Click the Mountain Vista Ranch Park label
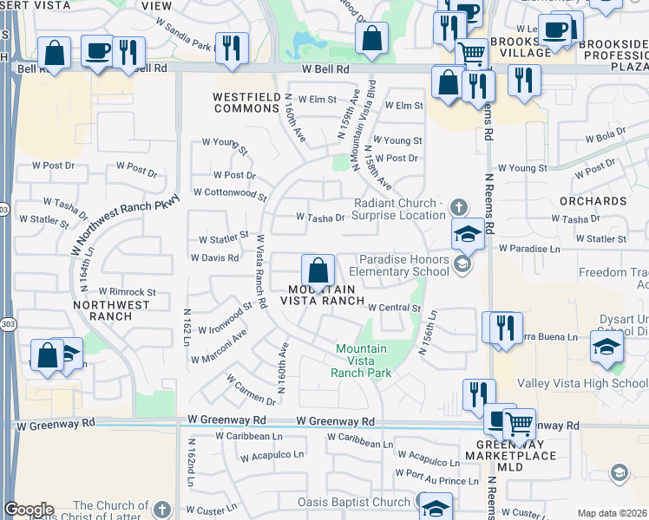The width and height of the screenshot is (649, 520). pyautogui.click(x=361, y=361)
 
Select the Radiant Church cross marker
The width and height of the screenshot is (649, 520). pyautogui.click(x=459, y=207)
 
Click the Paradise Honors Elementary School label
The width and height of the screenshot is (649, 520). pyautogui.click(x=404, y=264)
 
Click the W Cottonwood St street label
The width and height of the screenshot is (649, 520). pyautogui.click(x=229, y=192)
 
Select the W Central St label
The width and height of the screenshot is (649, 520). pyautogui.click(x=394, y=308)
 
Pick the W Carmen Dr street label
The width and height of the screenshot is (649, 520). pyautogui.click(x=251, y=389)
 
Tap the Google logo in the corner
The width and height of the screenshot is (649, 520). pyautogui.click(x=29, y=510)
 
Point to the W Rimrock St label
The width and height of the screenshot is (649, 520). pyautogui.click(x=127, y=292)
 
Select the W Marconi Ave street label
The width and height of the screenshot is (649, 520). pyautogui.click(x=219, y=346)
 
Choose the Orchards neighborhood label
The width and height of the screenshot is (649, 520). pyautogui.click(x=600, y=201)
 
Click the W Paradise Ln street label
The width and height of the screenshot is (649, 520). pyautogui.click(x=529, y=249)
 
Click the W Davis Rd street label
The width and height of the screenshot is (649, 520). pyautogui.click(x=213, y=258)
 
